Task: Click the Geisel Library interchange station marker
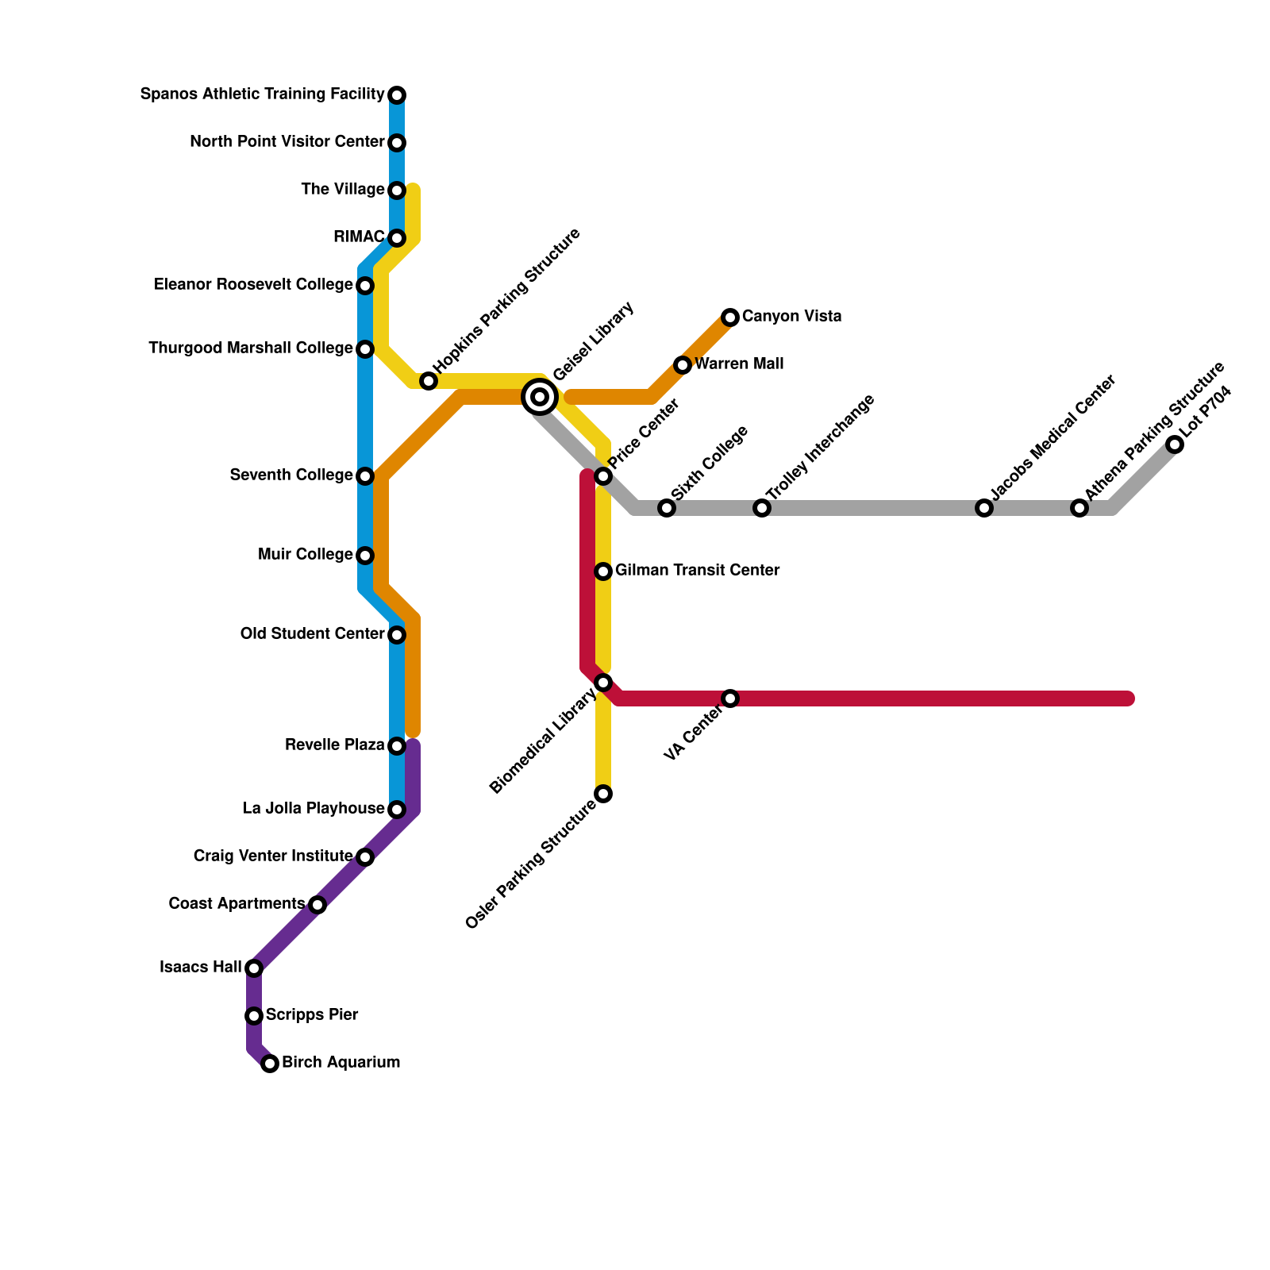540,397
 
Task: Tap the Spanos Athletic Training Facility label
262,94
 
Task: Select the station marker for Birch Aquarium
270,1064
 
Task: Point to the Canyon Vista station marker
730,317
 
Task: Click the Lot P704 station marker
1175,444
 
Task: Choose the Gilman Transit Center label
697,571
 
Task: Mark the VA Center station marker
730,698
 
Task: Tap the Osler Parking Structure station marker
603,794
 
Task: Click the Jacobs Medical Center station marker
984,508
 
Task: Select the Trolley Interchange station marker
762,508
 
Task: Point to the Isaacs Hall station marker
254,968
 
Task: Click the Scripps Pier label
312,1015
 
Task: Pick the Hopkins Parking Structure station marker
429,381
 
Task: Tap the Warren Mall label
739,364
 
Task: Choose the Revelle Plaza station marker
397,746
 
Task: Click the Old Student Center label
312,634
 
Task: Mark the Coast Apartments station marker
317,905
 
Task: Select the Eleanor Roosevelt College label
253,285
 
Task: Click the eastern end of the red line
1128,698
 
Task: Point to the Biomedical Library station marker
603,683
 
